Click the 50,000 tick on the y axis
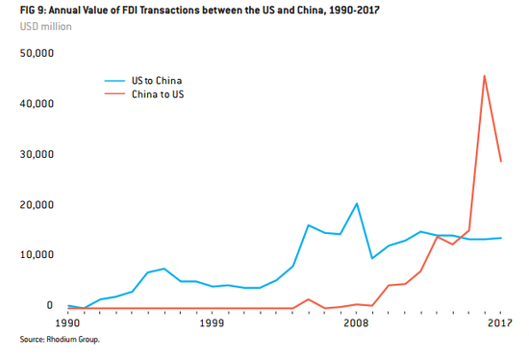(37, 53)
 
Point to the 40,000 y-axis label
(37, 103)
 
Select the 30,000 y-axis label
(37, 154)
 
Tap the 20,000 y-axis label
(37, 204)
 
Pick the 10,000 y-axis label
(37, 255)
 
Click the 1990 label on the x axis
(68, 325)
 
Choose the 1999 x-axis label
(212, 325)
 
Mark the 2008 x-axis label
(356, 325)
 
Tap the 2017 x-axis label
(499, 325)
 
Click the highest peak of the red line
(484, 75)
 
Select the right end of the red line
(500, 161)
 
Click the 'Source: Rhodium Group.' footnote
(60, 341)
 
